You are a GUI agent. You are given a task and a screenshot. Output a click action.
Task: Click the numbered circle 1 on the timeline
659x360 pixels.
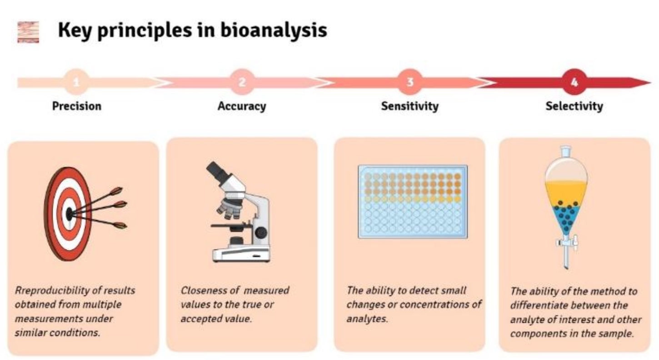[76, 82]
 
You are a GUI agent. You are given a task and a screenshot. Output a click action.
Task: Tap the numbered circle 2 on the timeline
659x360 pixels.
[242, 82]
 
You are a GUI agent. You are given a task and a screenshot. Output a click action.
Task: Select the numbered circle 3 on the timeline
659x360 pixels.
[410, 82]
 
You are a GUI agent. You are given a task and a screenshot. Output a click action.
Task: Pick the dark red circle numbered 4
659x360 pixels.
[574, 82]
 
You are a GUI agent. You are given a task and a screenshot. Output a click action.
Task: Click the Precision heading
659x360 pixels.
[76, 106]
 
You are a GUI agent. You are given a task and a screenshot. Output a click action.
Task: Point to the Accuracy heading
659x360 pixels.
[242, 106]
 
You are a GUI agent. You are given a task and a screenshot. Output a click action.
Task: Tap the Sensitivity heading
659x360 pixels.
[410, 106]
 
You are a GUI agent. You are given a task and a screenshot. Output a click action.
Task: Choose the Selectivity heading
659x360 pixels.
[574, 106]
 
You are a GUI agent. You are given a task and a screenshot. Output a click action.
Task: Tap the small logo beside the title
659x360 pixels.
[28, 32]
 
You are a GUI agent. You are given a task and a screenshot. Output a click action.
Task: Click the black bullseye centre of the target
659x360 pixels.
[69, 214]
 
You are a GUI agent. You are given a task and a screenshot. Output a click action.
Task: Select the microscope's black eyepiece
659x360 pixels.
[217, 172]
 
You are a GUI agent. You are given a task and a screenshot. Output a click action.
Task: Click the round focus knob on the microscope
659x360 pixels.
[261, 233]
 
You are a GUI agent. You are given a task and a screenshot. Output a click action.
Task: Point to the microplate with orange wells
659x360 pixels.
[412, 201]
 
